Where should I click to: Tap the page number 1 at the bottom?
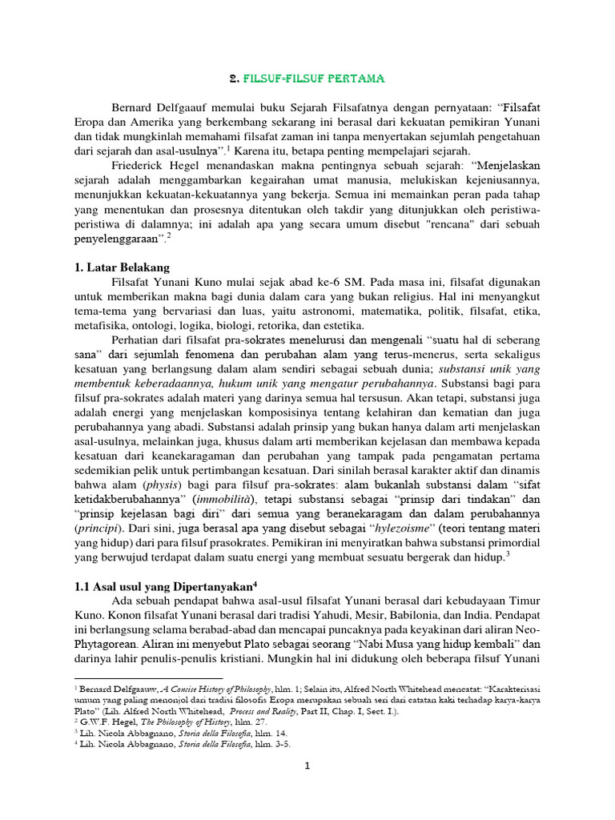307,766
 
